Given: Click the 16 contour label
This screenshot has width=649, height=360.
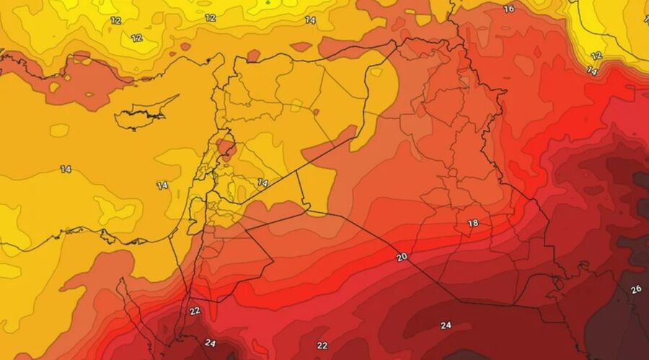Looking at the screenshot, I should click(x=508, y=9).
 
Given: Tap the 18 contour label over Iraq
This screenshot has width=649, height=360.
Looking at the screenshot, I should click(x=473, y=224).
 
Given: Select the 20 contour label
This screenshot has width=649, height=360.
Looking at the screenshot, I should click(x=402, y=257).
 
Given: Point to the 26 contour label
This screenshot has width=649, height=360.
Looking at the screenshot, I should click(x=636, y=289).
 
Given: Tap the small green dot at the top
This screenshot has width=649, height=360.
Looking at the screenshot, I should click(x=268, y=2).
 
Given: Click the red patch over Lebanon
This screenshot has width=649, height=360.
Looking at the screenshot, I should click(x=226, y=148).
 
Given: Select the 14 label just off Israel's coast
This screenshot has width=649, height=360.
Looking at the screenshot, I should click(x=162, y=185).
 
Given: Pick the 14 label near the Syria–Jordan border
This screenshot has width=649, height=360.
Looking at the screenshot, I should click(x=262, y=183).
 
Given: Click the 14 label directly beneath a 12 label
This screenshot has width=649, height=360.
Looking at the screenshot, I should click(x=592, y=71).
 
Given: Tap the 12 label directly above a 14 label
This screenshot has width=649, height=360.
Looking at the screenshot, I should click(x=596, y=56).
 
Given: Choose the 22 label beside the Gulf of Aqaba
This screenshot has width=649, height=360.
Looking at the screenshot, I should click(x=194, y=311).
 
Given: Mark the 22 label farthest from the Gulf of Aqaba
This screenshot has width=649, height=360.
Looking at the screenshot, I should click(x=322, y=346).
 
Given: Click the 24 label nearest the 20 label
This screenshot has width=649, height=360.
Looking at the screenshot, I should click(x=446, y=325).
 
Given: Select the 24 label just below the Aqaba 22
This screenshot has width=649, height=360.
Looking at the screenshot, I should click(x=211, y=343).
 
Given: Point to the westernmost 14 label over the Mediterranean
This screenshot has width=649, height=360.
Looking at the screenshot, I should click(x=66, y=170).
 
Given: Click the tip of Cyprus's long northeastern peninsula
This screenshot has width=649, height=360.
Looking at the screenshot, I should click(x=177, y=96).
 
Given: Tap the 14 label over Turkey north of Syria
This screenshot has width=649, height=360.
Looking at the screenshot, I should click(x=310, y=20).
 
